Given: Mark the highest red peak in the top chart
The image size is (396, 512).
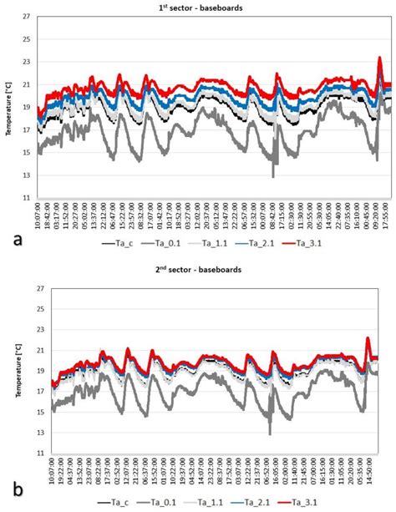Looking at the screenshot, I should click(x=379, y=58).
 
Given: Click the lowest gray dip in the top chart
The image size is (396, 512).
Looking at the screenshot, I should click(x=273, y=176).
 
